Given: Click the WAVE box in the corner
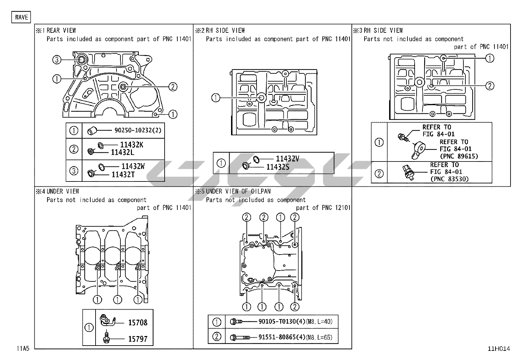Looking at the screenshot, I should click(x=22, y=17).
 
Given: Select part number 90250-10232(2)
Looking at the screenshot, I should click(x=138, y=130).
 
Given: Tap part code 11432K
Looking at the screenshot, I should click(x=132, y=145).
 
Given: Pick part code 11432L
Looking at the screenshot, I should click(x=122, y=152).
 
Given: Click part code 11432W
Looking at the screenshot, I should click(x=133, y=166).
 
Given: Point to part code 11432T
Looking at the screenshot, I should click(x=123, y=175).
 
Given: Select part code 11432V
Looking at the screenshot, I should click(x=287, y=159).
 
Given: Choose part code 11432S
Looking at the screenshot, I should click(x=278, y=167).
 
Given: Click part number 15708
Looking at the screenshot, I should click(x=138, y=323).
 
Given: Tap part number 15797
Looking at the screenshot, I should click(x=138, y=339).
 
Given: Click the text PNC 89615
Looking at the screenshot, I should click(x=459, y=156).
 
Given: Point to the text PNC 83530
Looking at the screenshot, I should click(x=449, y=179).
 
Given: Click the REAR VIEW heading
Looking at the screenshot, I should click(x=61, y=30).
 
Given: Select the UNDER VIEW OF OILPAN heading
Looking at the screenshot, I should click(x=238, y=191).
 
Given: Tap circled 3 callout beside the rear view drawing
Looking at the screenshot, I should click(x=57, y=60).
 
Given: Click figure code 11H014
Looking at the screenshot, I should click(x=499, y=349).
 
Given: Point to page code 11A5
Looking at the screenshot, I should click(x=23, y=349).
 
